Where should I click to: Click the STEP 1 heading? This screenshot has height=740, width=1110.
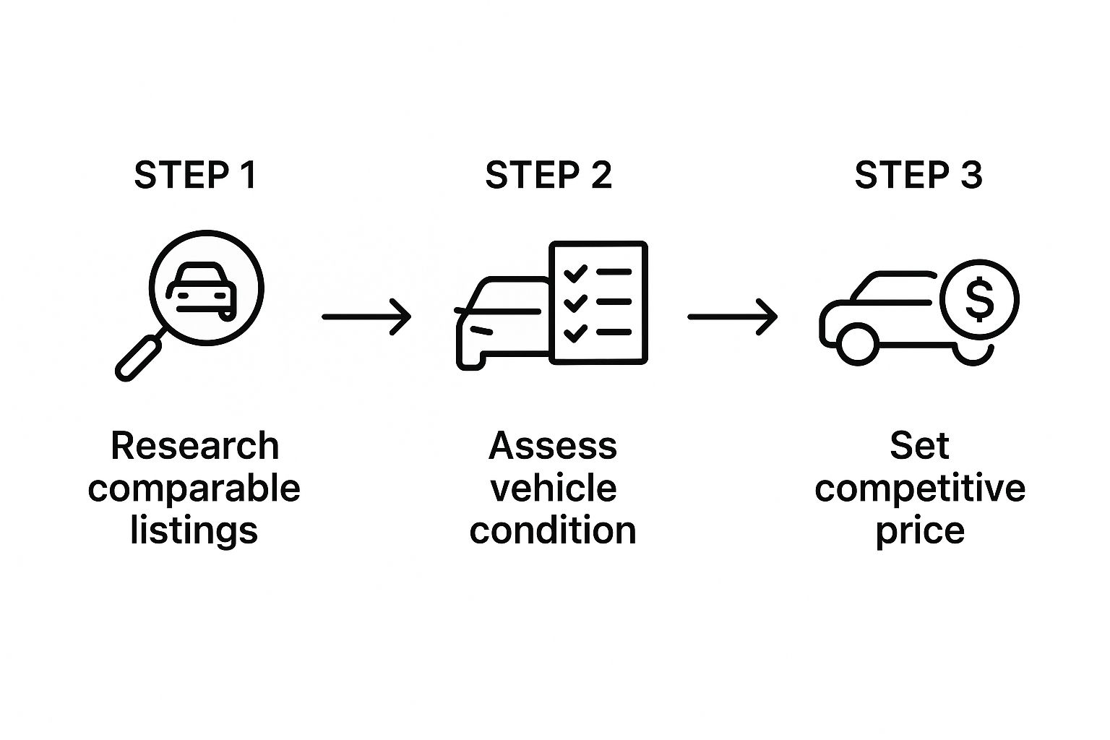coord(195,176)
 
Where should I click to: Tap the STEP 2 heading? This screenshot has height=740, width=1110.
coord(548,176)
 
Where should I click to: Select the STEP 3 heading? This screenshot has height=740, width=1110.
coord(918,176)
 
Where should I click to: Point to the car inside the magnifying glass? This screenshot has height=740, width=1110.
coord(202,291)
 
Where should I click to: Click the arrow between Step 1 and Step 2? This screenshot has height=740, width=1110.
coord(366,317)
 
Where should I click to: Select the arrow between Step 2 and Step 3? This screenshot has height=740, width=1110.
coord(732,317)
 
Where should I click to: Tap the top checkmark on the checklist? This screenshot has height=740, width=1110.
coord(575,274)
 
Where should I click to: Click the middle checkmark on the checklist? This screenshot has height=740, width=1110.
coord(575,303)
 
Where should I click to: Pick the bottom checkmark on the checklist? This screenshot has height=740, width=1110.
coord(575,333)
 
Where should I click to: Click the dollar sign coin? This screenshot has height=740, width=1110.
coord(979,299)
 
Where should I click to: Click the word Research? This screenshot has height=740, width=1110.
coord(194,446)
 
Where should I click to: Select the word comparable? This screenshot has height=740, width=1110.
coord(194,489)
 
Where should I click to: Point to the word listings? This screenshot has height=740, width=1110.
coord(194,530)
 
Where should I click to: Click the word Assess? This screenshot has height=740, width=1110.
coord(553,446)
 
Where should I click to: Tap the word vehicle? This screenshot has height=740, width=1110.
coord(553,489)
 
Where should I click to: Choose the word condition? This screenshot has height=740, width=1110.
coord(553,530)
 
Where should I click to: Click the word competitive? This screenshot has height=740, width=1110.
coord(919,489)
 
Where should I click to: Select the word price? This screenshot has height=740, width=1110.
coord(919,532)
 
